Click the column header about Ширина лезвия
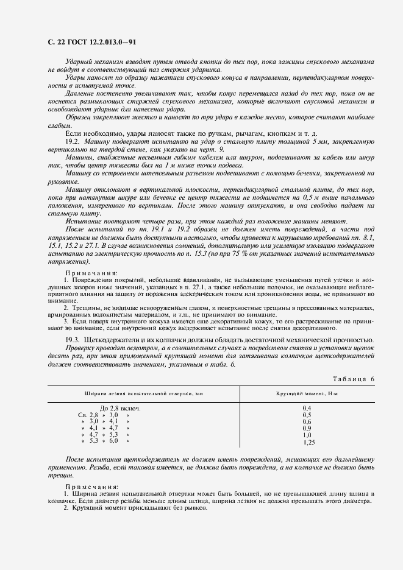(x=144, y=394)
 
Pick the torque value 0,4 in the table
(x=307, y=407)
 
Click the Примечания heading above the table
(x=92, y=273)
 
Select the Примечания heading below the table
(x=92, y=487)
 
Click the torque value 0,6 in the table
(x=307, y=421)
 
